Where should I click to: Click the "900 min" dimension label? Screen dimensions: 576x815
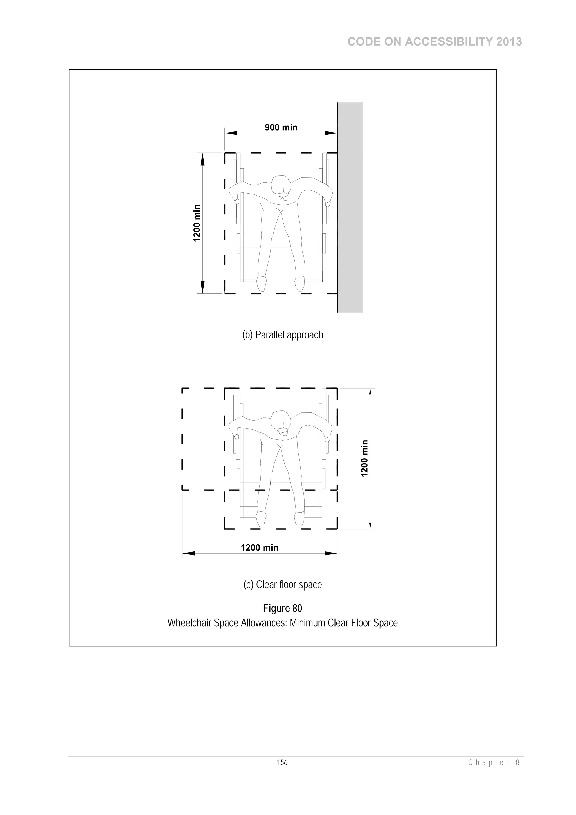click(x=281, y=127)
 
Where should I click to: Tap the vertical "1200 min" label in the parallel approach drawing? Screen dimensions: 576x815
click(x=197, y=223)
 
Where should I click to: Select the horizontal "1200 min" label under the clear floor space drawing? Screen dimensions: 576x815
click(x=259, y=548)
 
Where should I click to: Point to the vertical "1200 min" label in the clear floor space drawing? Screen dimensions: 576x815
click(x=364, y=459)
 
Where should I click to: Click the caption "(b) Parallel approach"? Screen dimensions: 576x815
click(x=282, y=335)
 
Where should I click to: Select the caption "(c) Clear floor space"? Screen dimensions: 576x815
click(x=282, y=584)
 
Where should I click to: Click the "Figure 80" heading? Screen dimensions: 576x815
click(x=282, y=608)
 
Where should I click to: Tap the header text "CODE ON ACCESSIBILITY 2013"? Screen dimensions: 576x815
click(x=435, y=42)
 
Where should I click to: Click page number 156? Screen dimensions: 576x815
click(x=282, y=762)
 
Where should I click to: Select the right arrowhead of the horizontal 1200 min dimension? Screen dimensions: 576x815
click(x=331, y=553)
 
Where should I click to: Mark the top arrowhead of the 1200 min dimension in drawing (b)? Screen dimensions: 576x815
click(x=203, y=160)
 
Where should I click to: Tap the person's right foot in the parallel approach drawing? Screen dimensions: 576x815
click(x=262, y=284)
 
